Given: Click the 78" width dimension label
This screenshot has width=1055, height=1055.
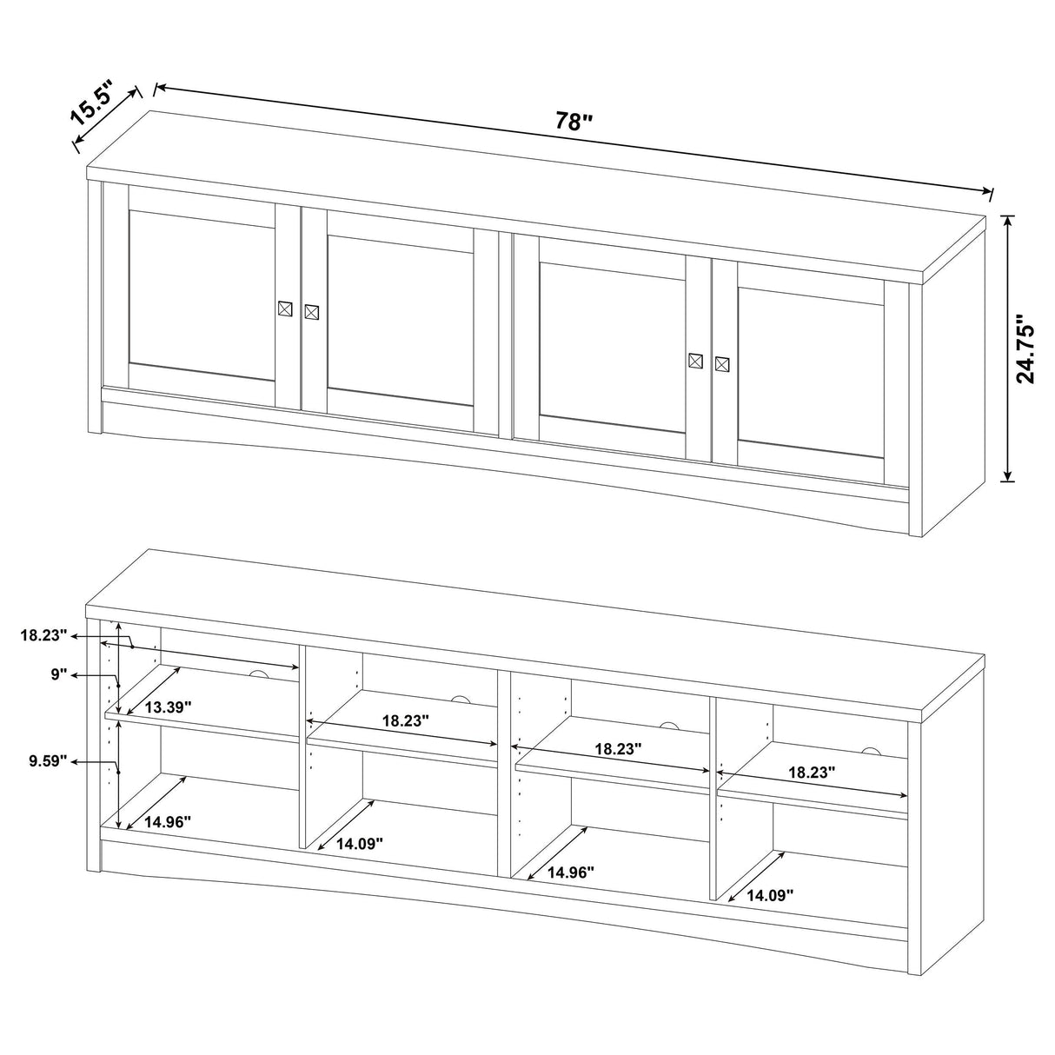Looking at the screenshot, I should click(x=573, y=122).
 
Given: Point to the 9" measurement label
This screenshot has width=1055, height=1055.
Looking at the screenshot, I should click(x=58, y=673).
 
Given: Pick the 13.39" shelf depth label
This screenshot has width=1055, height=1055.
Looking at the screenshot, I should click(x=169, y=707).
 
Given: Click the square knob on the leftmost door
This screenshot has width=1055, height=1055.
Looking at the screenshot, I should click(x=284, y=309).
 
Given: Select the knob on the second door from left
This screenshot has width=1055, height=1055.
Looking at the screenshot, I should click(x=312, y=311).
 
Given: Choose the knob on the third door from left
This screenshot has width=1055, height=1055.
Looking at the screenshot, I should click(x=695, y=360).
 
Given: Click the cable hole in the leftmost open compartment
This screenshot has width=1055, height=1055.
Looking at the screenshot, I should click(x=257, y=675).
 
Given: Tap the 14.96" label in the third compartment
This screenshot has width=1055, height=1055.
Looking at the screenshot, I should click(x=571, y=872).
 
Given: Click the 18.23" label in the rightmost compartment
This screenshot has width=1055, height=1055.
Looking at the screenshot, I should click(x=812, y=771).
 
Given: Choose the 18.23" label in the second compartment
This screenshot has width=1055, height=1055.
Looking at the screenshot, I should click(x=405, y=720).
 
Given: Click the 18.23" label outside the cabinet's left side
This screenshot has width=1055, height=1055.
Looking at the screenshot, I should click(x=43, y=635).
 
